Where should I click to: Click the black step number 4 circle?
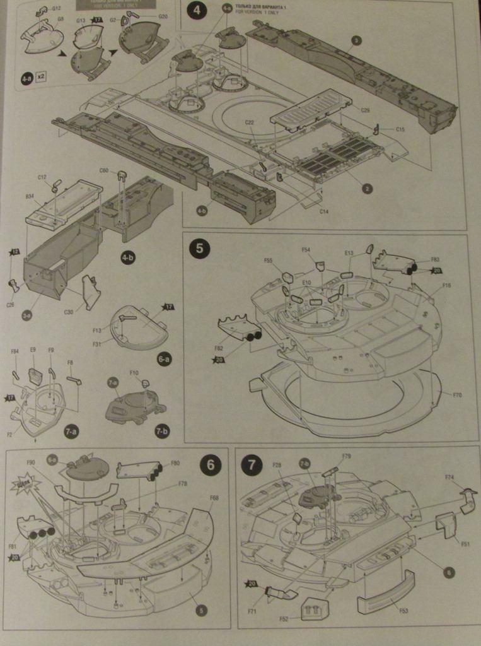pyautogui.click(x=197, y=11)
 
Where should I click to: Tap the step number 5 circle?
pyautogui.click(x=199, y=248)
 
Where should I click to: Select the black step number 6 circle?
pyautogui.click(x=210, y=465)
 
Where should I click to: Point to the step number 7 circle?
pyautogui.click(x=251, y=465)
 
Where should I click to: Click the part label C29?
pyautogui.click(x=365, y=110)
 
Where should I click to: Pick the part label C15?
pyautogui.click(x=400, y=129)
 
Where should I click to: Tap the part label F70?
pyautogui.click(x=457, y=395)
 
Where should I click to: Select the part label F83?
pyautogui.click(x=435, y=259)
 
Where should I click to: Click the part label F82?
pyautogui.click(x=219, y=348)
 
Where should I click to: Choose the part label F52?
pyautogui.click(x=284, y=619)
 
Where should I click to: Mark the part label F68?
pyautogui.click(x=214, y=498)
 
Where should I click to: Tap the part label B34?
pyautogui.click(x=30, y=196)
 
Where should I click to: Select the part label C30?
pyautogui.click(x=68, y=312)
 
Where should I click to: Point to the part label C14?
pyautogui.click(x=323, y=211)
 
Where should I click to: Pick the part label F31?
pyautogui.click(x=97, y=344)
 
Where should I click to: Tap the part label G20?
pyautogui.click(x=163, y=16)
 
